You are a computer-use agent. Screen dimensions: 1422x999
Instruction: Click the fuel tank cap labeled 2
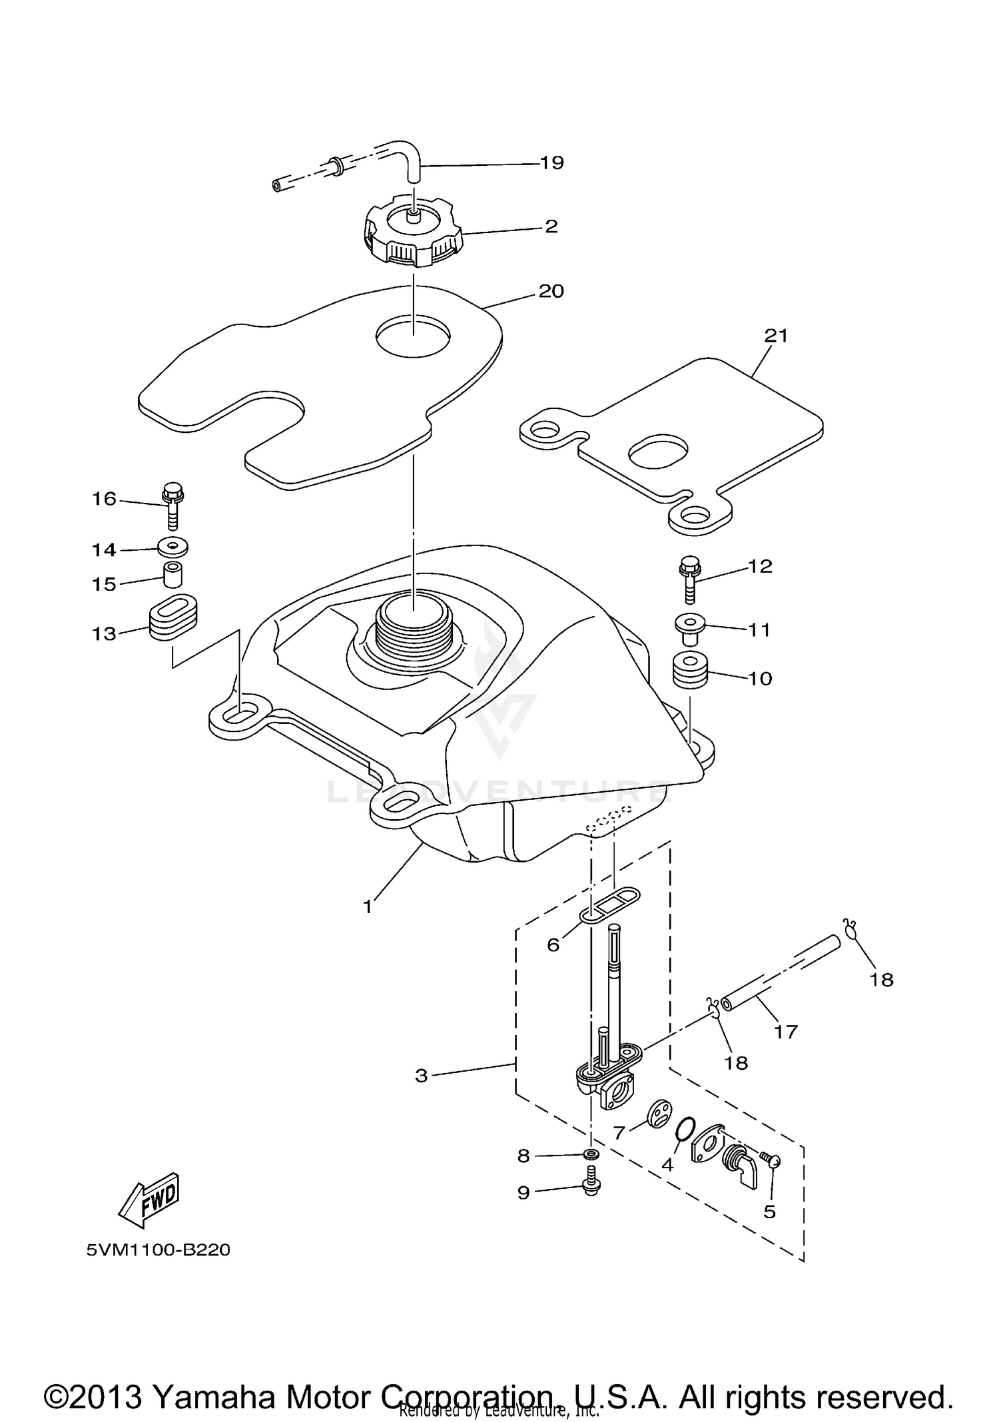pos(413,233)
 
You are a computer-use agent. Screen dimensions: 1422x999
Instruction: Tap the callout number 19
pos(552,163)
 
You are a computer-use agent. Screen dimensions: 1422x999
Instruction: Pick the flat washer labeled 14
pos(173,547)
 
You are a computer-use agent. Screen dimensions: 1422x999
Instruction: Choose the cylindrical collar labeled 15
pos(173,575)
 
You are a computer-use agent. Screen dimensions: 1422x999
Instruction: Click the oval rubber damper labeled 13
pos(172,617)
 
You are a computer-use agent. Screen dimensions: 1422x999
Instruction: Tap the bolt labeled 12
pos(689,579)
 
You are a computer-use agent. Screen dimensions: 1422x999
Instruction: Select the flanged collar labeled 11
pos(689,627)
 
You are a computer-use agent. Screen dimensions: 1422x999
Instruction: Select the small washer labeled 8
pos(591,1154)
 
